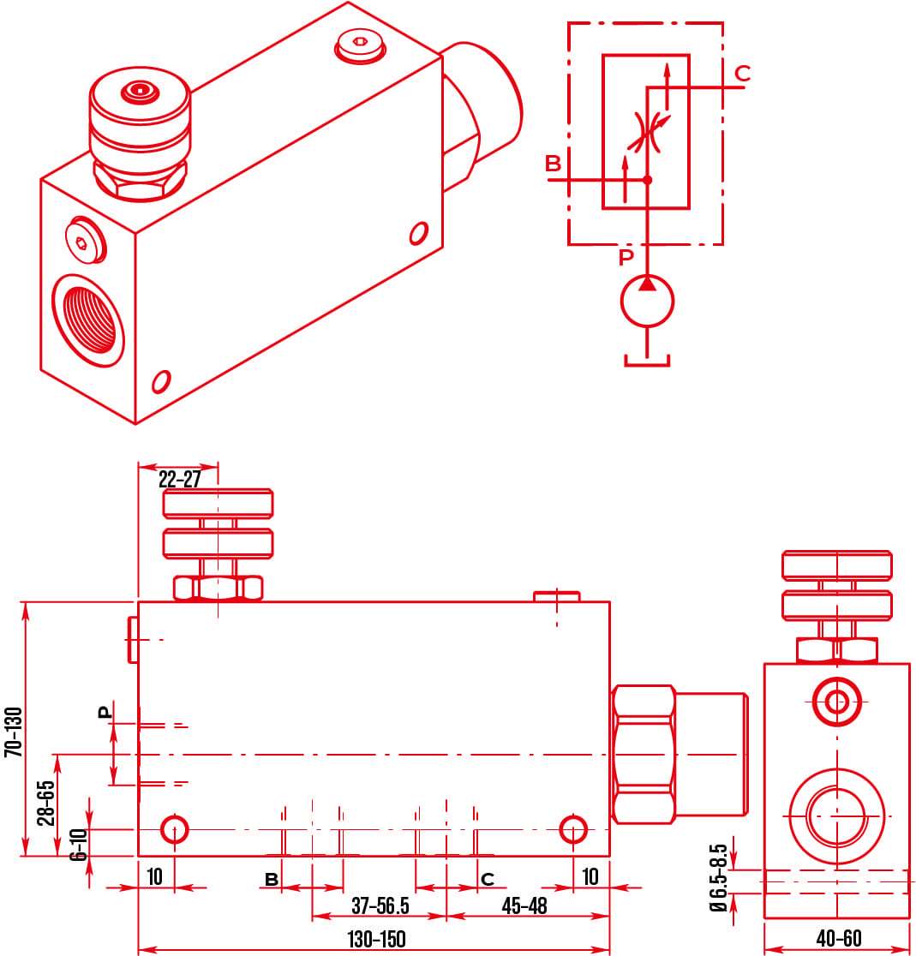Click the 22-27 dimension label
click(x=179, y=479)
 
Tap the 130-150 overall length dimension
click(x=376, y=939)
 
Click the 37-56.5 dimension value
click(x=380, y=905)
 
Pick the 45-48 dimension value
click(x=524, y=905)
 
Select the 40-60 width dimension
click(x=838, y=939)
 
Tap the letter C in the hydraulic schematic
click(x=742, y=74)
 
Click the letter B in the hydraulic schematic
click(x=554, y=164)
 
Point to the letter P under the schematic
click(x=626, y=257)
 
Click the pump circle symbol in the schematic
click(x=647, y=301)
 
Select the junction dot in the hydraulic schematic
click(x=647, y=180)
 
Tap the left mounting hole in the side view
click(x=175, y=828)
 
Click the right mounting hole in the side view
click(x=572, y=828)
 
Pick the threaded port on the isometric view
click(x=88, y=319)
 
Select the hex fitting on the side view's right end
click(x=644, y=754)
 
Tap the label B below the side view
click(x=271, y=880)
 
